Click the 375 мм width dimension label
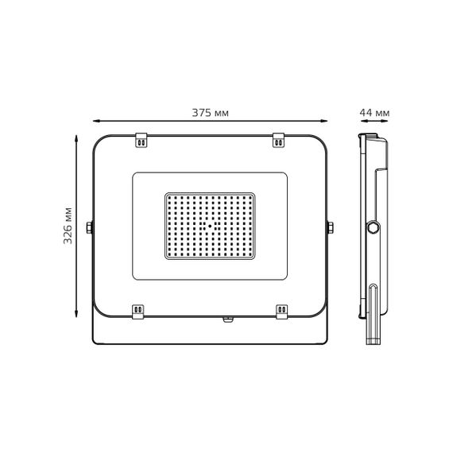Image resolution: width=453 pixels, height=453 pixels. coord(211,113)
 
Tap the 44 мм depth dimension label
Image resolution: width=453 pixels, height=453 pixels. coord(375,113)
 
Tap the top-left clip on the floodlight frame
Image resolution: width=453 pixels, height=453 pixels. coord(141,139)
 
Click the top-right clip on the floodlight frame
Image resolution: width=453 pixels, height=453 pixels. coord(280,139)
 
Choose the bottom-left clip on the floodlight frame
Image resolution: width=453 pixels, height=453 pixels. coord(138,309)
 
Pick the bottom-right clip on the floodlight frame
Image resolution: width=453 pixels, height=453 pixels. coord(281,309)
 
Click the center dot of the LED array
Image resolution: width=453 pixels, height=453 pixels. coord(211,225)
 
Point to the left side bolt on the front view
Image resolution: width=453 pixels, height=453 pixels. coord(91,228)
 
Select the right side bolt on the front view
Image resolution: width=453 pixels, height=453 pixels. coord(329,228)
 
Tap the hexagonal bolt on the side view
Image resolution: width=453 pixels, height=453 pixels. coord(372,228)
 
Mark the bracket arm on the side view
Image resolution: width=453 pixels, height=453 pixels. coord(375,314)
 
